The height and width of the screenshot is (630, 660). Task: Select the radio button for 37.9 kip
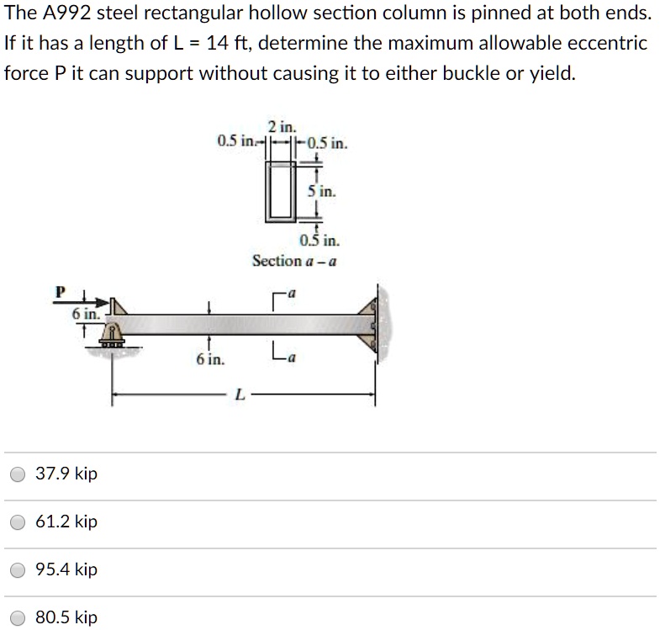(18, 474)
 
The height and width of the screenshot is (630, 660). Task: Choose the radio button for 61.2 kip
(18, 521)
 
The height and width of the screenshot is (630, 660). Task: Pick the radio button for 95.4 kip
(18, 569)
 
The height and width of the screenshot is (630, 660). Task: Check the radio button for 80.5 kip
(18, 617)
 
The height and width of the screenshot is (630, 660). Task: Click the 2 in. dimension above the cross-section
(282, 128)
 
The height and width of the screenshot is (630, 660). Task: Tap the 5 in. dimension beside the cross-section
(321, 192)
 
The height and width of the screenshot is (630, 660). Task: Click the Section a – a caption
(294, 261)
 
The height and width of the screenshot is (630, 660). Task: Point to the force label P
(59, 293)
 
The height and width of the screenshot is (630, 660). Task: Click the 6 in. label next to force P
(84, 314)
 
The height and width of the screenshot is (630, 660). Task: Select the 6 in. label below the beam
(210, 360)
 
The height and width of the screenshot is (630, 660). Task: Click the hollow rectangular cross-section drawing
(282, 192)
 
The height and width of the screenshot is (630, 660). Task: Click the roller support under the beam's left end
(112, 336)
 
